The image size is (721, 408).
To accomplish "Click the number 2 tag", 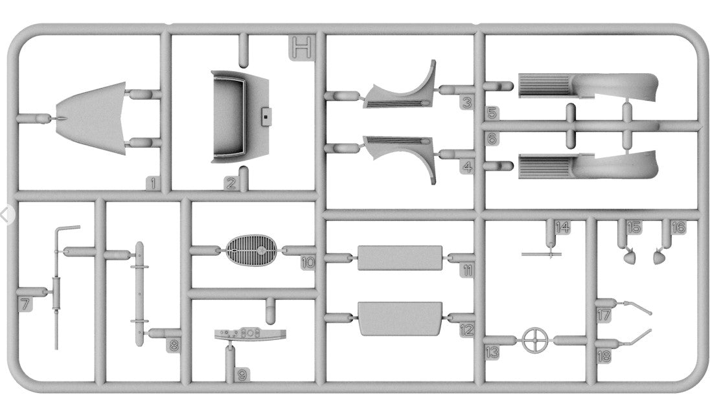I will coord(231,183).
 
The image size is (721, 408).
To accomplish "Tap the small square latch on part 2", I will coord(265,117).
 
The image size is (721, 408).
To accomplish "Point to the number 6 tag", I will coord(492,139).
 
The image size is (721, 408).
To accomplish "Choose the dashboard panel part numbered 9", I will coord(249,334).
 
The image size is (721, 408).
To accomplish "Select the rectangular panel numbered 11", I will coord(400,258).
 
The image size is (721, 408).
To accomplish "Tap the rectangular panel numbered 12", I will coord(400,317).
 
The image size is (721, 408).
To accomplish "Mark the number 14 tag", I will coord(562,227).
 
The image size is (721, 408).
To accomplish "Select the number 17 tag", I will coord(604,315).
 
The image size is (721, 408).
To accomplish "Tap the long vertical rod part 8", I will coord(139,295).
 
